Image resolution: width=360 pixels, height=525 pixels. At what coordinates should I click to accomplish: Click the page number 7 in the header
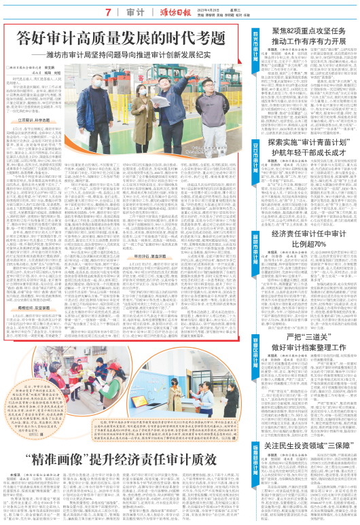[108, 12]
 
